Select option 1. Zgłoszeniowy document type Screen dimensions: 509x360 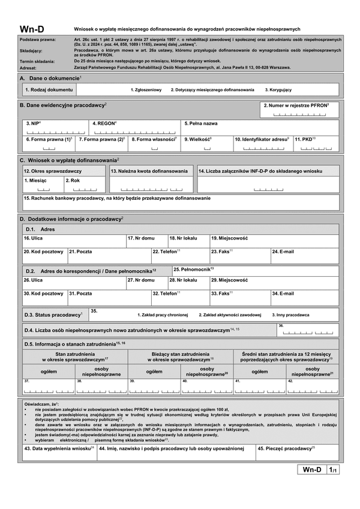pos(146,89)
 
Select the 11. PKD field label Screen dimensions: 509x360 pos(305,139)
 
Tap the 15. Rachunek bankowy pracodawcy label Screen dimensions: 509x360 pos(117,198)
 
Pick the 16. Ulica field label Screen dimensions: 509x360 pos(32,238)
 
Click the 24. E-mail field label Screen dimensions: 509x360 pos(283,251)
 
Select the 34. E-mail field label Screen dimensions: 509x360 pos(283,294)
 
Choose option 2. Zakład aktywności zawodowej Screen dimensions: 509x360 pos(230,315)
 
